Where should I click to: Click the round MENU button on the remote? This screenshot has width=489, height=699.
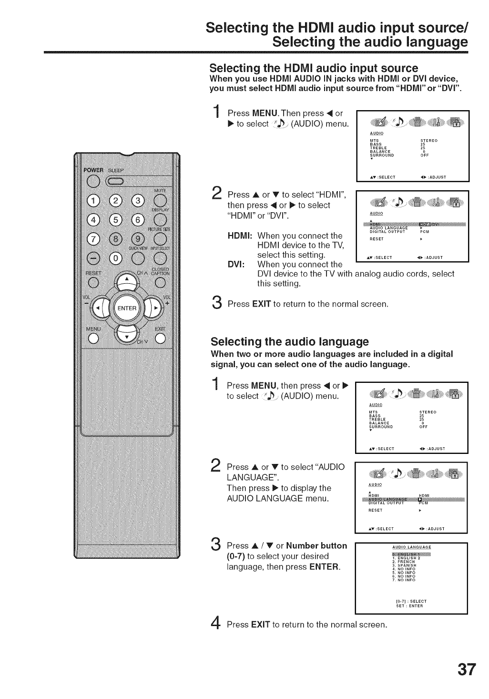pyautogui.click(x=93, y=339)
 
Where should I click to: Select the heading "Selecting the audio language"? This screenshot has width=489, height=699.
pyautogui.click(x=290, y=342)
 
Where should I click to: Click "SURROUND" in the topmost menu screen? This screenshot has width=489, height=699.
pyautogui.click(x=382, y=155)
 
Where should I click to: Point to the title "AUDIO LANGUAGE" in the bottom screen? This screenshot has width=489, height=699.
pyautogui.click(x=411, y=546)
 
